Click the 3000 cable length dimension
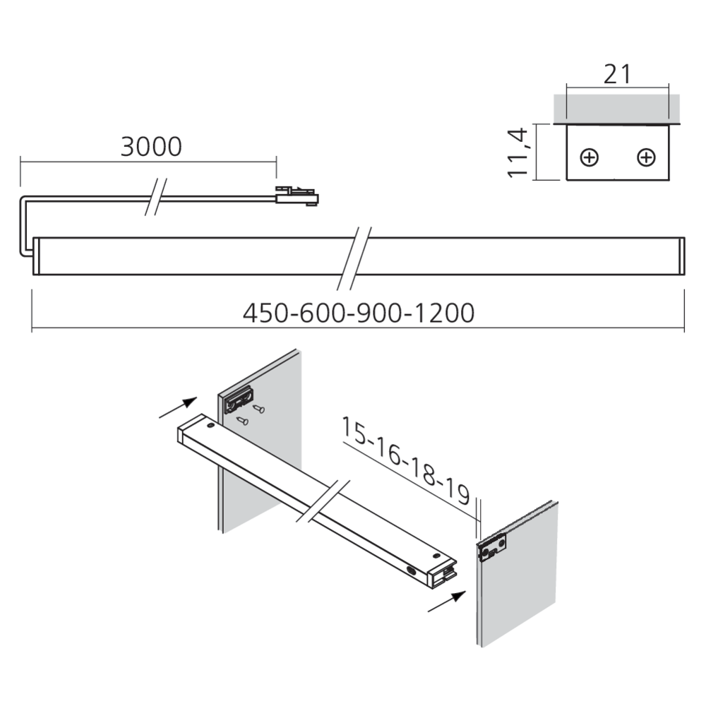pyautogui.click(x=151, y=146)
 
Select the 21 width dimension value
pyautogui.click(x=616, y=74)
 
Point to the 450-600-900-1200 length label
pyautogui.click(x=358, y=312)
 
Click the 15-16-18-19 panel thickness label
pyautogui.click(x=405, y=460)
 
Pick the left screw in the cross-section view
pyautogui.click(x=591, y=157)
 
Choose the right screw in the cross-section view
pyautogui.click(x=645, y=157)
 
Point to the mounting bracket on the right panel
pyautogui.click(x=492, y=548)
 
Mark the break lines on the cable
pyautogui.click(x=155, y=196)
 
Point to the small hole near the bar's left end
pyautogui.click(x=210, y=428)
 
